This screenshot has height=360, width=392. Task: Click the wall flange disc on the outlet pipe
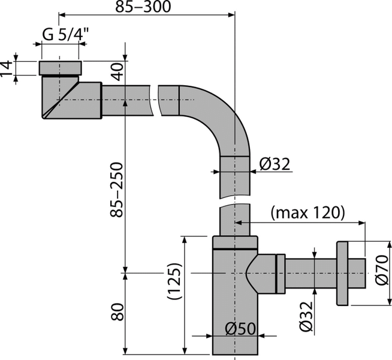(342, 273)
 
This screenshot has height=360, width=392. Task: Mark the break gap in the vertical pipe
(235, 201)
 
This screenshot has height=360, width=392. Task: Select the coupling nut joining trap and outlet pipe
(279, 273)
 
